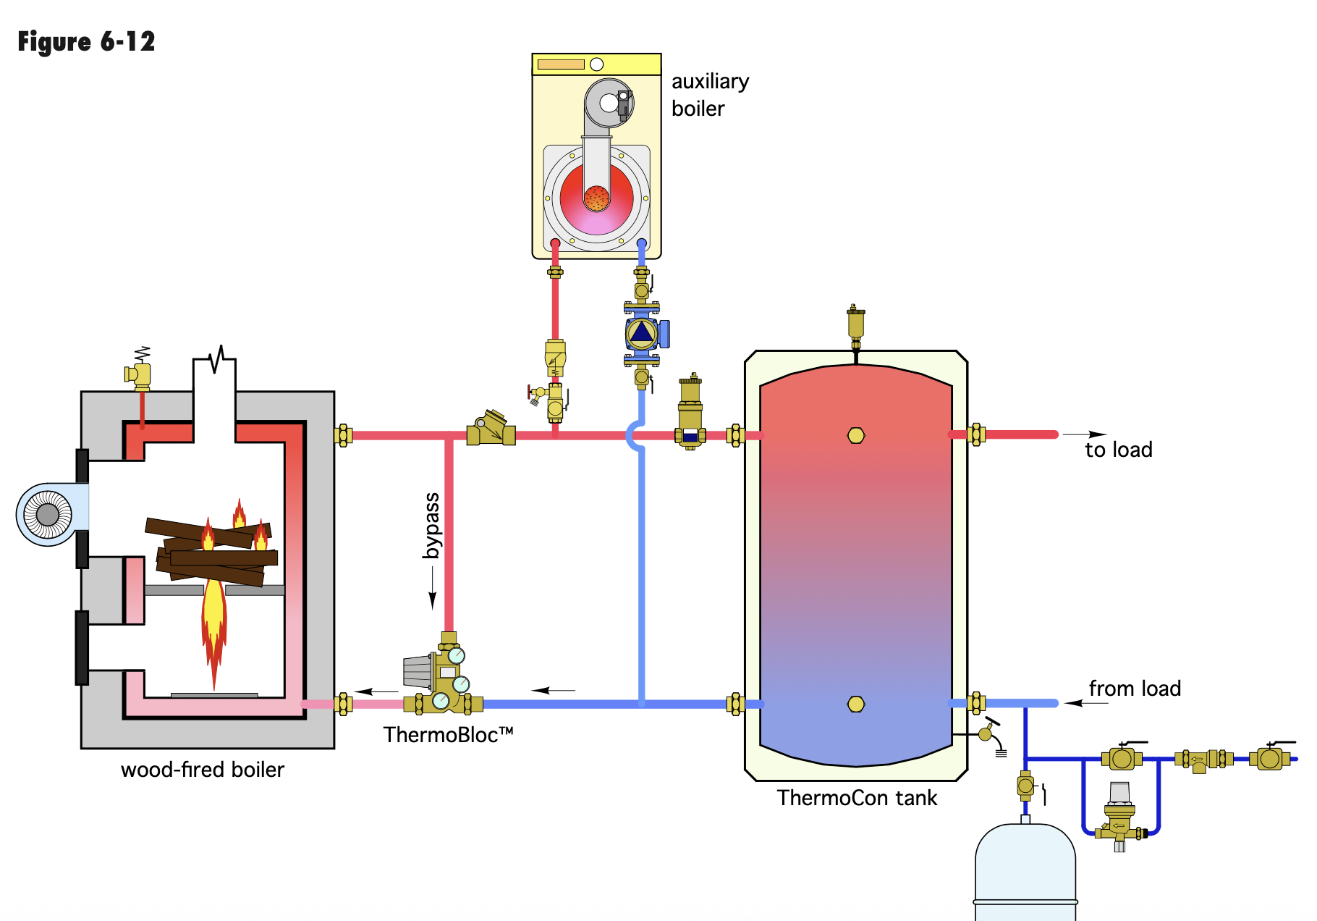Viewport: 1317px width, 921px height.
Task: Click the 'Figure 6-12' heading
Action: click(x=86, y=42)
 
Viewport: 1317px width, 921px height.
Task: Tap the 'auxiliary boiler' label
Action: click(x=710, y=95)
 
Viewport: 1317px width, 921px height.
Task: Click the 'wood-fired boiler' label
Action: click(x=203, y=769)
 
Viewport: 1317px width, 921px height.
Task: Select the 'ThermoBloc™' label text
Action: click(x=448, y=735)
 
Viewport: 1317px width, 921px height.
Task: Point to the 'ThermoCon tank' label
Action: click(x=857, y=798)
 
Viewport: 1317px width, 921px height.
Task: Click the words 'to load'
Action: click(x=1118, y=450)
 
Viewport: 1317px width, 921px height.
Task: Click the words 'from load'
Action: click(x=1135, y=689)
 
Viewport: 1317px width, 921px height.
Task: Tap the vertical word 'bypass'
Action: click(x=431, y=526)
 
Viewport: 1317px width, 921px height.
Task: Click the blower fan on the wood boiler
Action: click(x=48, y=515)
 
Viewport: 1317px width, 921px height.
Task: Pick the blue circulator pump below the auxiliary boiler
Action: click(x=642, y=334)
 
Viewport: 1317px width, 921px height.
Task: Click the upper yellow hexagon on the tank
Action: click(x=856, y=436)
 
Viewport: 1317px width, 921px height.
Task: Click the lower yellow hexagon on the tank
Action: click(x=856, y=704)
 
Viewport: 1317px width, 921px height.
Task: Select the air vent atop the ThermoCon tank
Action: click(x=855, y=324)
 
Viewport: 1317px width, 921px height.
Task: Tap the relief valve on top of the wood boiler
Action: click(x=140, y=372)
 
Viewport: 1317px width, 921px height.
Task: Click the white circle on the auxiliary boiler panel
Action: click(x=597, y=64)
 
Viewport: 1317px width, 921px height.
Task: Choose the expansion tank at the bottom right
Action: click(x=1025, y=872)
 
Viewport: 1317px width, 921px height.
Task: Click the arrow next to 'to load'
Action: click(x=1085, y=434)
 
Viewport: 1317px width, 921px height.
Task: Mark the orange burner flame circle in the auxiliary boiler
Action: click(x=596, y=198)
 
